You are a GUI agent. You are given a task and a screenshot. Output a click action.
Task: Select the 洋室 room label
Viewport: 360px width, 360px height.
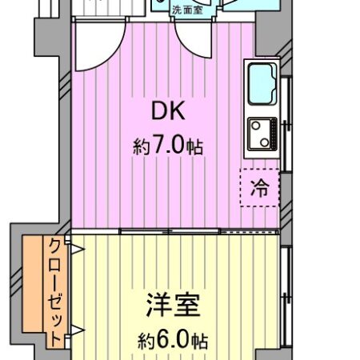click(x=172, y=306)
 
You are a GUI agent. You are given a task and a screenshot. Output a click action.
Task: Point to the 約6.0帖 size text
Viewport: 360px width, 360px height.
click(x=172, y=339)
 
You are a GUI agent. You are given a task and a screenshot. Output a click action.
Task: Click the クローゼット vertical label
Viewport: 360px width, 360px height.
click(x=56, y=292)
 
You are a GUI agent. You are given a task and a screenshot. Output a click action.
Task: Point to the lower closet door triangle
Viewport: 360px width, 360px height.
click(x=78, y=330)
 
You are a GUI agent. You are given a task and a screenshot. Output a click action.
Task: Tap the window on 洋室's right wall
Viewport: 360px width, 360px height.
click(x=286, y=296)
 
